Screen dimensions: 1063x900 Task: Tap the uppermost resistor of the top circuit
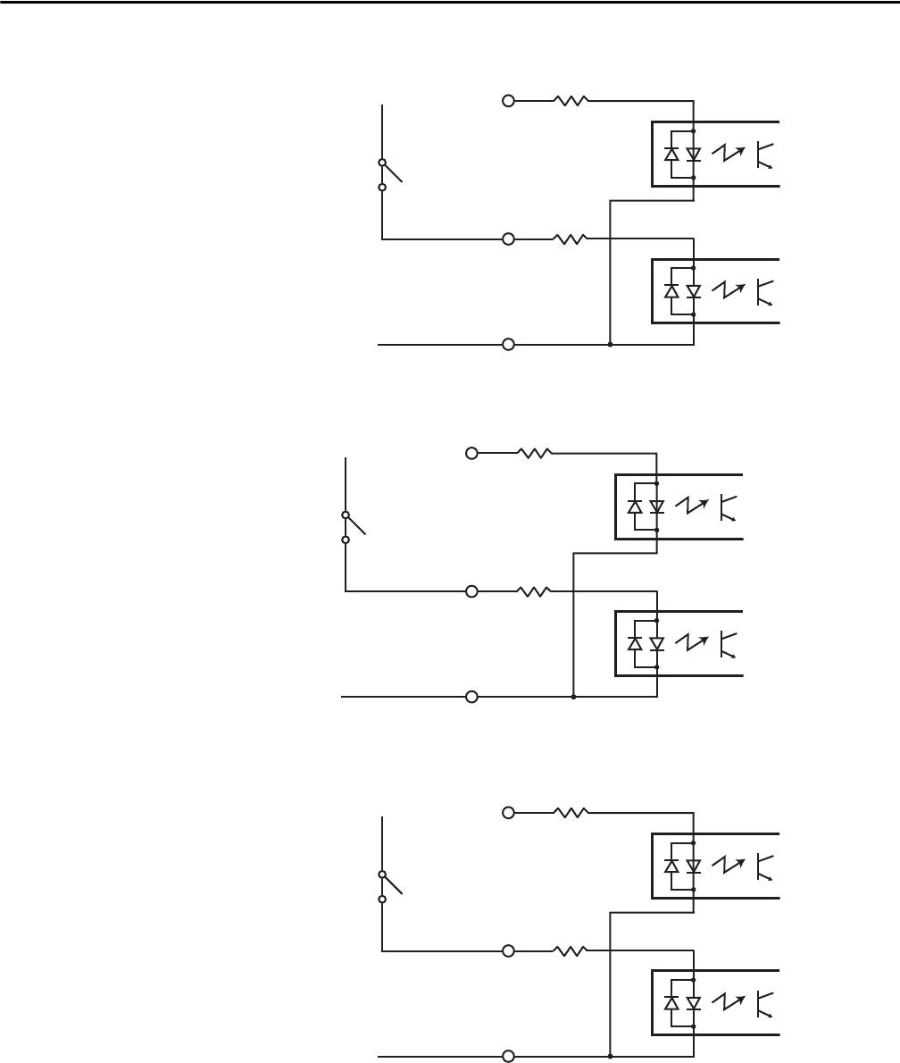(x=570, y=101)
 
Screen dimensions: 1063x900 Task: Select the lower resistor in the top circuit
(x=570, y=239)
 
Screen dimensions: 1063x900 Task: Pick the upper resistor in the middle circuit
(x=533, y=453)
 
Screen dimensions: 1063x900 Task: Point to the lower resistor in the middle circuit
(x=533, y=590)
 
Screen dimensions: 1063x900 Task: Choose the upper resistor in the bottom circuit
(x=570, y=813)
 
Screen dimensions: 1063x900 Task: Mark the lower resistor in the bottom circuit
(x=570, y=950)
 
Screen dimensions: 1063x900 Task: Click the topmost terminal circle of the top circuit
(x=509, y=101)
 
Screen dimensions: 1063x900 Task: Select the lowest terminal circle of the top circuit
(x=509, y=344)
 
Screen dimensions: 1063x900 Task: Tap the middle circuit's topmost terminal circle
(x=472, y=453)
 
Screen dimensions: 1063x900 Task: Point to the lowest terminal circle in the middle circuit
(x=472, y=696)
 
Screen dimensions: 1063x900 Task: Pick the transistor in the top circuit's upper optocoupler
(x=763, y=155)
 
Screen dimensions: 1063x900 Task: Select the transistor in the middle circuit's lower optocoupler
(x=727, y=643)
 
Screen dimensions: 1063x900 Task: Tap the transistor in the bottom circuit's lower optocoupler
(x=763, y=1003)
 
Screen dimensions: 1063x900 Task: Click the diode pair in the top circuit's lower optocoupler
(x=683, y=291)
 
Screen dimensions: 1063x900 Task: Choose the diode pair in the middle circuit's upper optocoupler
(x=646, y=506)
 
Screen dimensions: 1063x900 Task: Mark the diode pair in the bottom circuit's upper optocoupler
(x=683, y=866)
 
